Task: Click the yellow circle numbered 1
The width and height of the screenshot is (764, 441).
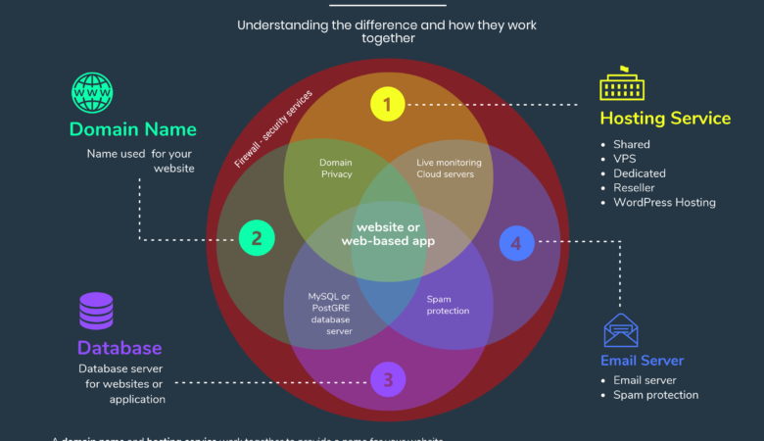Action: click(x=387, y=103)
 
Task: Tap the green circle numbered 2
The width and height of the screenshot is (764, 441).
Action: click(x=256, y=237)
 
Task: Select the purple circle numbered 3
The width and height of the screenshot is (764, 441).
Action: click(x=387, y=379)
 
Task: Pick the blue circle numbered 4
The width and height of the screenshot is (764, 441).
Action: click(x=516, y=242)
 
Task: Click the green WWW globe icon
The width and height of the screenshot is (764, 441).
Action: click(x=91, y=93)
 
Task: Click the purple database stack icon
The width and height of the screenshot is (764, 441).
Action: click(x=96, y=311)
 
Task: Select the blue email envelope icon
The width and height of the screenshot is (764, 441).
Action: click(x=621, y=330)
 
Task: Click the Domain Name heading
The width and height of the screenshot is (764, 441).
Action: click(x=132, y=129)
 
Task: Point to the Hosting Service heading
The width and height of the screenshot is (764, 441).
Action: click(x=665, y=119)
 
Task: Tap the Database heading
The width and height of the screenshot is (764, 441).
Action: click(x=119, y=348)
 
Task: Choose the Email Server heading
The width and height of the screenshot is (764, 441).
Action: click(x=642, y=361)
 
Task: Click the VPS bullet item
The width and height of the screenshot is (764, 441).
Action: click(x=625, y=159)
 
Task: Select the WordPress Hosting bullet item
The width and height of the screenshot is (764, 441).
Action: click(x=664, y=202)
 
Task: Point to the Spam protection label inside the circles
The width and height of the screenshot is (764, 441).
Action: click(x=448, y=304)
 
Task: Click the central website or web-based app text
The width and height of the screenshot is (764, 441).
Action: click(x=387, y=233)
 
